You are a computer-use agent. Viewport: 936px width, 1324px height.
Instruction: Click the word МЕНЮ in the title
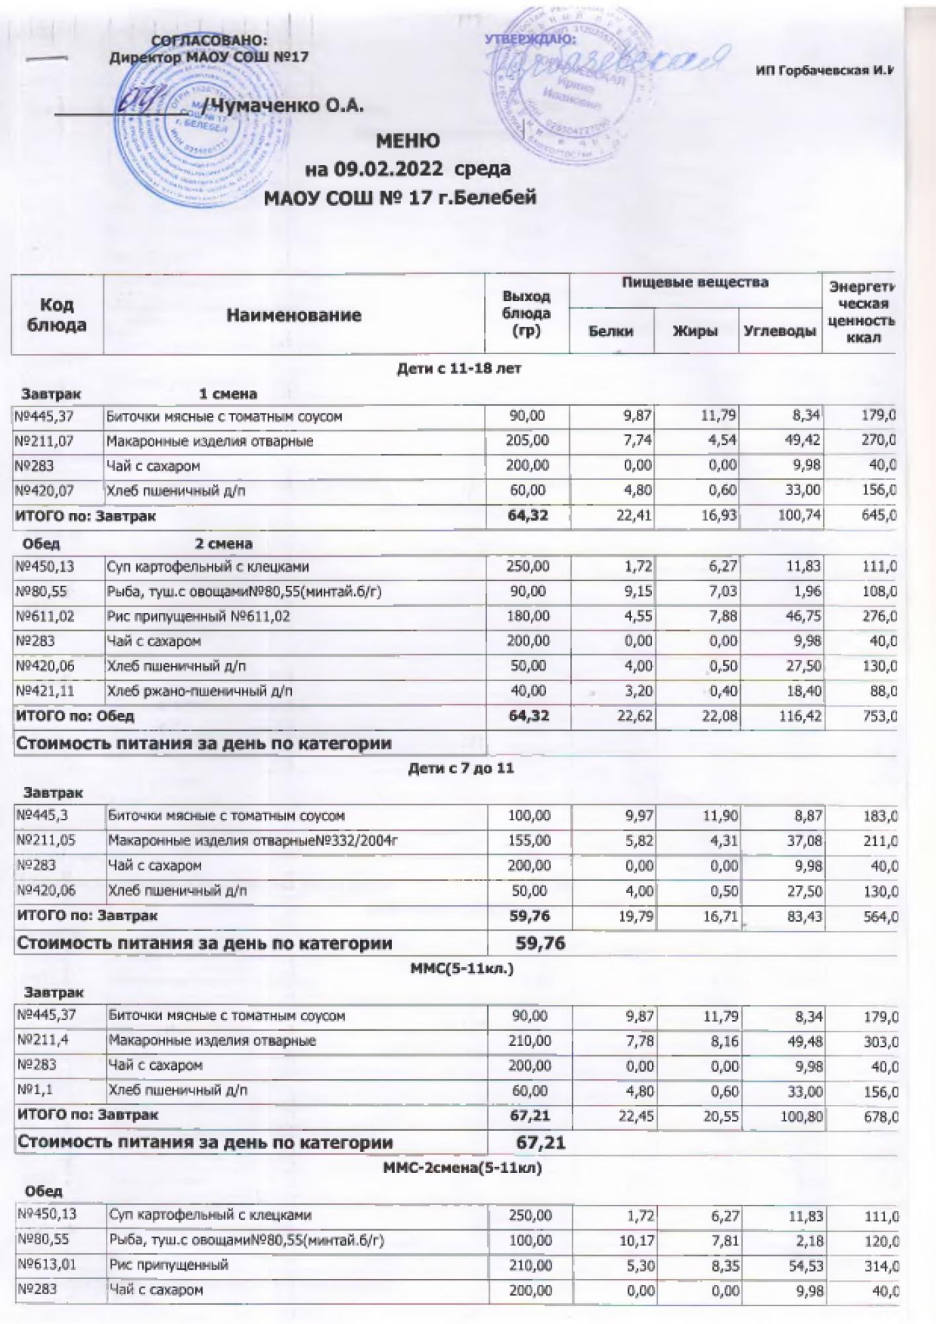(x=408, y=141)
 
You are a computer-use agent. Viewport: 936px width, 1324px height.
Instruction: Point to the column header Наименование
(x=294, y=315)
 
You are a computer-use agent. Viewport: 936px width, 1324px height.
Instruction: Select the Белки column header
(x=611, y=331)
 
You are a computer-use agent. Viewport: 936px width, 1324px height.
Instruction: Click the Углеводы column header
(x=779, y=331)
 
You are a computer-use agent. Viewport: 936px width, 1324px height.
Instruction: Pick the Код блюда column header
(x=58, y=314)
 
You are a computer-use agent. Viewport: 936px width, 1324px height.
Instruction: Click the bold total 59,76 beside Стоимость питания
(x=540, y=943)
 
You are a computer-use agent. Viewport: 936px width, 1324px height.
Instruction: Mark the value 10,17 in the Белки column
(x=636, y=1240)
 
